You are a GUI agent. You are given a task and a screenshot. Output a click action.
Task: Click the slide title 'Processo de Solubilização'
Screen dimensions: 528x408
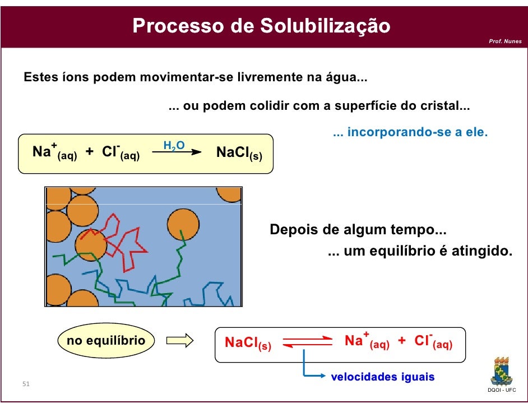[x=261, y=26]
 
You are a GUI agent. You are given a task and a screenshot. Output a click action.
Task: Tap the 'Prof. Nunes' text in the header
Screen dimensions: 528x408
[x=505, y=41]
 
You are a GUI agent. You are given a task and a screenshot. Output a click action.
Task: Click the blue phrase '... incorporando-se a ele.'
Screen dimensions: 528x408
[x=410, y=133]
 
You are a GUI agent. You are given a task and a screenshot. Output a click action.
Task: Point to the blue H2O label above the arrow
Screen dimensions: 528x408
[x=174, y=146]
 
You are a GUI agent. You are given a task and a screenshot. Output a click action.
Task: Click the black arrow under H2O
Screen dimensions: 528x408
[x=177, y=152]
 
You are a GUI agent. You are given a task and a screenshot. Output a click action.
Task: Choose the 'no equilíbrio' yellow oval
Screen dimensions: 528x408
[x=106, y=341]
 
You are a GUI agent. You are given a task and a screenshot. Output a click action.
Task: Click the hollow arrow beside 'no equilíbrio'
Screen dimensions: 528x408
[x=180, y=341]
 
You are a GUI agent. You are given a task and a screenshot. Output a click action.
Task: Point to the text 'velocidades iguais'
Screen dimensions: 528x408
[x=383, y=377]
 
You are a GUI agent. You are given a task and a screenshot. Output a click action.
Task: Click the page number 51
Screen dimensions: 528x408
[x=26, y=384]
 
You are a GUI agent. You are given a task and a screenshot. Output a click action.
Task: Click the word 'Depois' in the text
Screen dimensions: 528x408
[x=293, y=230]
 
